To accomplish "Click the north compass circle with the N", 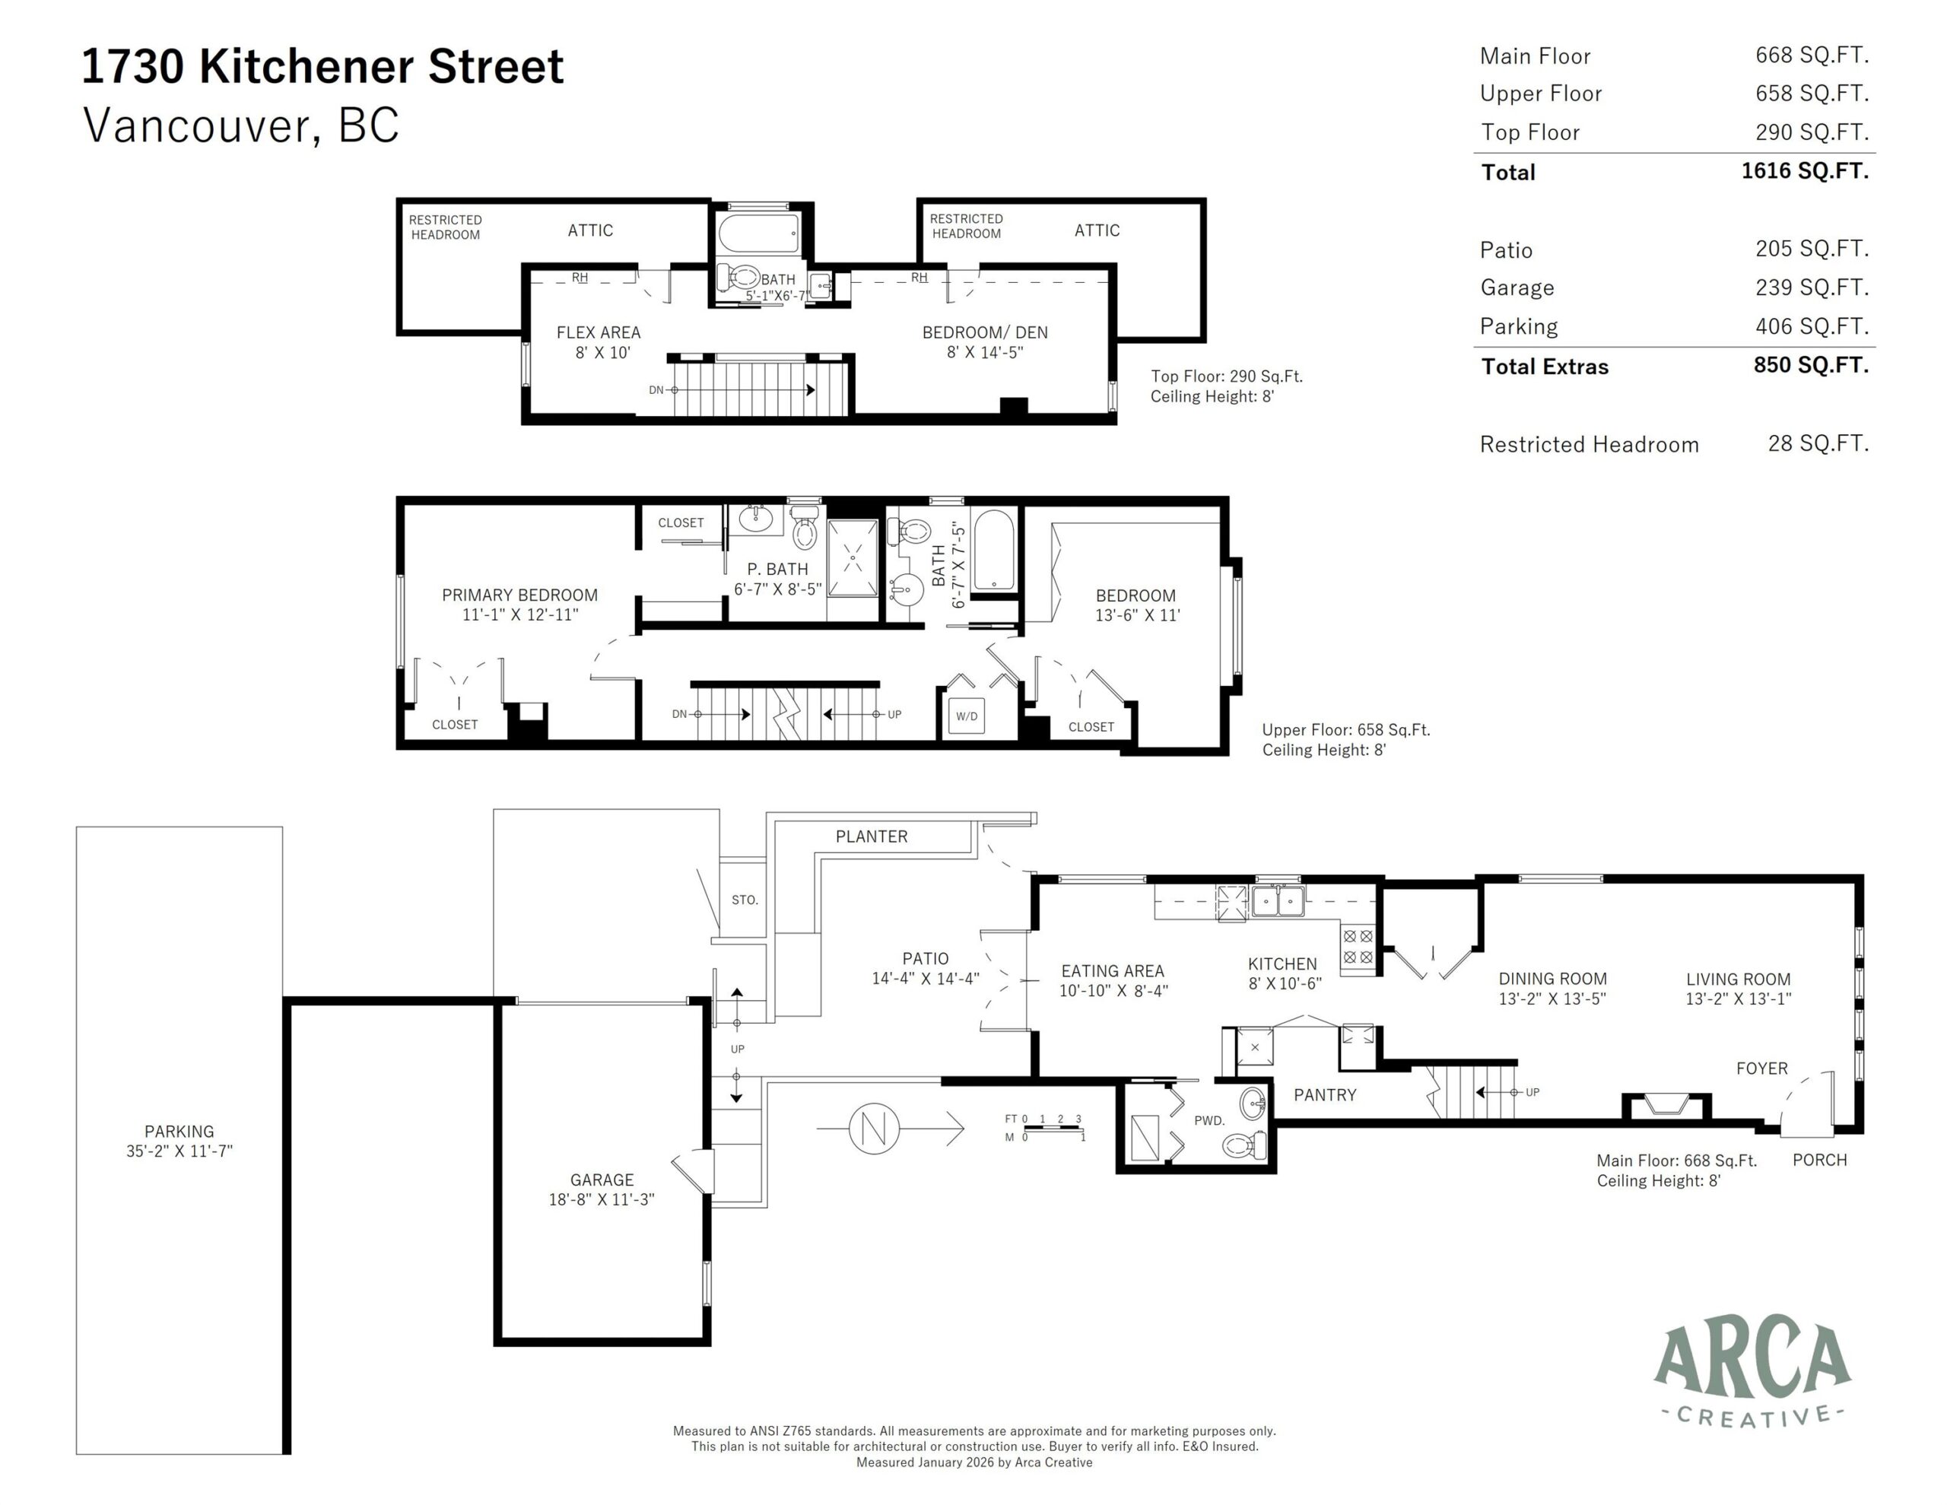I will pyautogui.click(x=874, y=1129).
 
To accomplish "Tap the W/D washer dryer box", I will pyautogui.click(x=967, y=716).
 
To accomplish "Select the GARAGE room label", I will pyautogui.click(x=602, y=1180).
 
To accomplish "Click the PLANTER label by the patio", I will pyautogui.click(x=871, y=837).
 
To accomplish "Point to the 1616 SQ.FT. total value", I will pyautogui.click(x=1804, y=170).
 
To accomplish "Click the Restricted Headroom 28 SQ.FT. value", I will pyautogui.click(x=1818, y=443).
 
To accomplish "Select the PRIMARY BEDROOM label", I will pyautogui.click(x=519, y=595).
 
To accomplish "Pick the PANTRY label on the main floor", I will pyautogui.click(x=1325, y=1095).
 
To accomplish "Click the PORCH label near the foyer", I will pyautogui.click(x=1819, y=1160).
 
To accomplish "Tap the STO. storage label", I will pyautogui.click(x=745, y=900).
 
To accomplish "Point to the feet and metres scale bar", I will pyautogui.click(x=1052, y=1129).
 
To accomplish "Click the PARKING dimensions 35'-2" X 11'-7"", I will pyautogui.click(x=179, y=1151).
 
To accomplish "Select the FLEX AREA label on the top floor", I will pyautogui.click(x=599, y=332).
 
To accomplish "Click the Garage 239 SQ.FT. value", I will pyautogui.click(x=1812, y=287).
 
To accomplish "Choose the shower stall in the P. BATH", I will pyautogui.click(x=853, y=558).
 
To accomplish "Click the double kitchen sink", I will pyautogui.click(x=1278, y=901).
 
